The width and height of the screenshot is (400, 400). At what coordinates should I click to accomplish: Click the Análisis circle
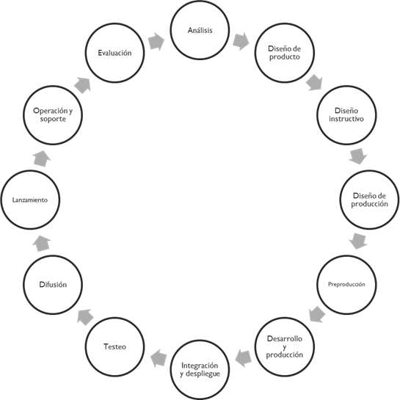(200, 31)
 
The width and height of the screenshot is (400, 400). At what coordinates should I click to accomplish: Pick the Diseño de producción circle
(369, 200)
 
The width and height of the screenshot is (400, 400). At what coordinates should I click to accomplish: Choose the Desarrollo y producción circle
(284, 346)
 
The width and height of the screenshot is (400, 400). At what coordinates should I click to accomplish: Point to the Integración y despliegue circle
(200, 369)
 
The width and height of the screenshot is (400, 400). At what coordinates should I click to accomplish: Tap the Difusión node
(52, 284)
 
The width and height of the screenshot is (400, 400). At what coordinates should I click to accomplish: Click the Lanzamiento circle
(30, 200)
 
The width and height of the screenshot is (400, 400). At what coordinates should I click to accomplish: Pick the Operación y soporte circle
(53, 115)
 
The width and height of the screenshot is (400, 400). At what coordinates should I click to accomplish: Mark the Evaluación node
(115, 53)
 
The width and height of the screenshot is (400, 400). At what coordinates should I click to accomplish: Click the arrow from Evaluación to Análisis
(156, 41)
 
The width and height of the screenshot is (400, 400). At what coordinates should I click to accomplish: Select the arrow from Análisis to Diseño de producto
(241, 41)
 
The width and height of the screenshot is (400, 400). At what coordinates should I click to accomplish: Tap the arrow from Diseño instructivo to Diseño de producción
(358, 156)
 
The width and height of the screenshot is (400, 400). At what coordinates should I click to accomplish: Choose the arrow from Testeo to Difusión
(83, 316)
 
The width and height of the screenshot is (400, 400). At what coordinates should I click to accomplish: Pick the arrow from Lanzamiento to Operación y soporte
(42, 156)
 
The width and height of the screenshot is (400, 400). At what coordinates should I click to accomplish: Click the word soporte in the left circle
(53, 120)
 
